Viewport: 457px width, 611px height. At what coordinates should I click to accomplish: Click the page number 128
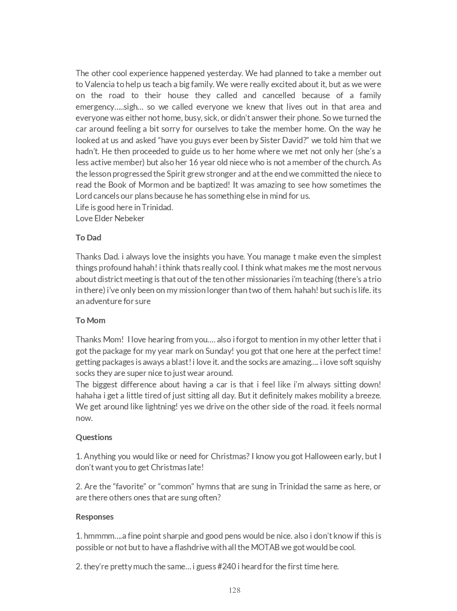[x=234, y=590]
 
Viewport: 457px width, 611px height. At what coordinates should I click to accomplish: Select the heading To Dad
[x=88, y=238]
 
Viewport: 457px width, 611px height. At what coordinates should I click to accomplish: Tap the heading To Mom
[x=90, y=320]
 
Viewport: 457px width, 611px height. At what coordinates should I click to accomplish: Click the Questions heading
[x=94, y=437]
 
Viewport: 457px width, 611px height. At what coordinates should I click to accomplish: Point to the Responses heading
[x=94, y=517]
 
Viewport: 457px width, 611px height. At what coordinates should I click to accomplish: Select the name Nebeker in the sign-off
[x=129, y=218]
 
